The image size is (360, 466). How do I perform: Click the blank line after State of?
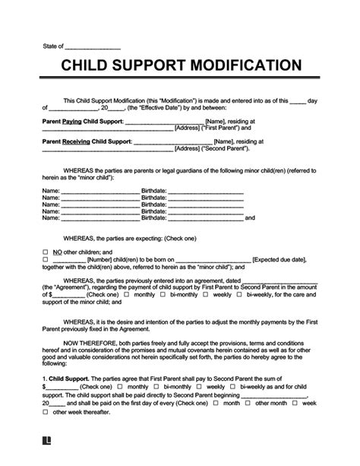(x=95, y=46)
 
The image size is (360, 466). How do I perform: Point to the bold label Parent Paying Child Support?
(x=77, y=121)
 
